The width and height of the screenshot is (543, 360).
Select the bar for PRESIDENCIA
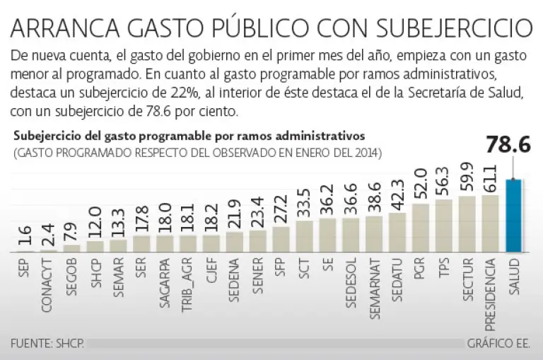[x=490, y=223]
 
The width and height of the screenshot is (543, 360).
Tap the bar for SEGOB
[x=72, y=248]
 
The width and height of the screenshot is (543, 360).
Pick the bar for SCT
[x=304, y=236]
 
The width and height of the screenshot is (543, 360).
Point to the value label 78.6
[x=512, y=146]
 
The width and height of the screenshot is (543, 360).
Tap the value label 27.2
[x=281, y=210]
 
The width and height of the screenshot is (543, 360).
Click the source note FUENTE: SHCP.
[x=47, y=343]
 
